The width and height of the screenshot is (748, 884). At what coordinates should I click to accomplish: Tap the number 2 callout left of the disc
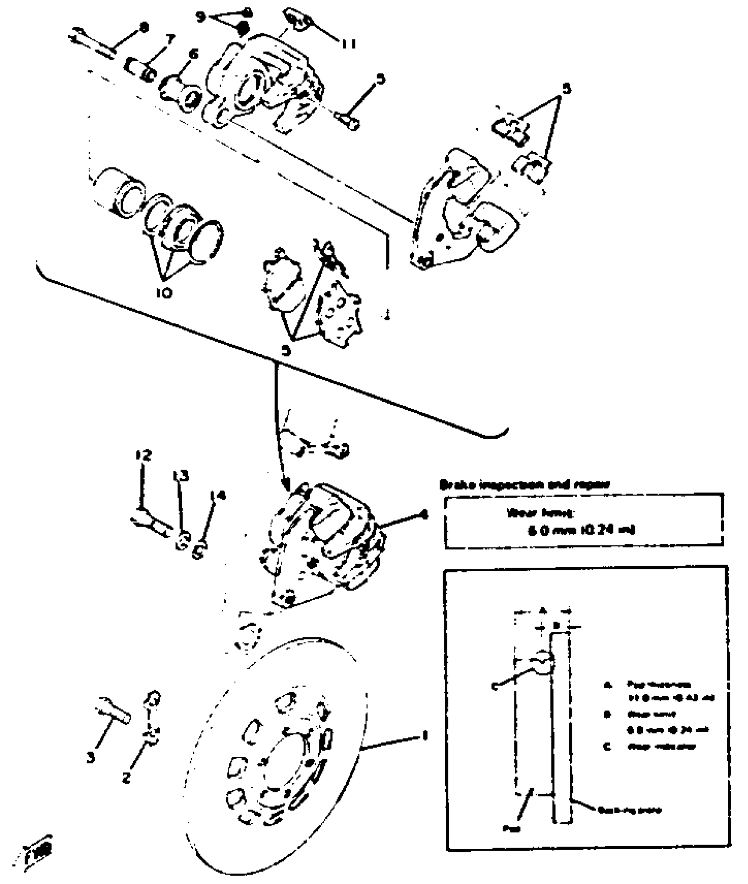[x=126, y=778]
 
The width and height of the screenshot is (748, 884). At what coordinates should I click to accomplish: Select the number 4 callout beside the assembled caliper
[x=423, y=514]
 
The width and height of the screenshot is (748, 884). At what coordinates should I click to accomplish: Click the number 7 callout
[x=170, y=40]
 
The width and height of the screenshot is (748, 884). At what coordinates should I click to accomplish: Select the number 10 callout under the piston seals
[x=164, y=292]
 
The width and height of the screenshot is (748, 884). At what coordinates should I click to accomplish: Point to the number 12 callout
[x=143, y=455]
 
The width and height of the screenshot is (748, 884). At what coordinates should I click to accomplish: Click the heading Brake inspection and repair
[x=525, y=485]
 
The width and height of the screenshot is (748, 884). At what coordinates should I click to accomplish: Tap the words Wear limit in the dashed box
[x=540, y=513]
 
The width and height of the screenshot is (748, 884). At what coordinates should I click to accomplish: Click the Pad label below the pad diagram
[x=512, y=829]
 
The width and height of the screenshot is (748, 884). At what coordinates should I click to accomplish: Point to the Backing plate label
[x=630, y=810]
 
